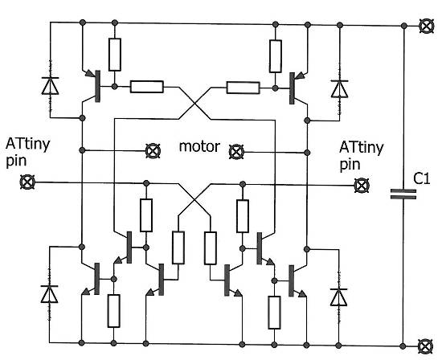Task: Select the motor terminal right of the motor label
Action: (236, 150)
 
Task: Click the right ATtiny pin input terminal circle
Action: (362, 185)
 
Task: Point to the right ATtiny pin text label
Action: (358, 154)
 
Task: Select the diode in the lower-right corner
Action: (336, 296)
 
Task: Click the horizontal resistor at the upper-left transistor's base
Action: (146, 86)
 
